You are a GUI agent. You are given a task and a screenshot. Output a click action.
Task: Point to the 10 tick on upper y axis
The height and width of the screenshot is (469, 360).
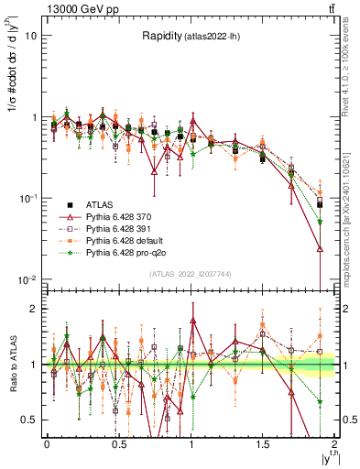click(32, 37)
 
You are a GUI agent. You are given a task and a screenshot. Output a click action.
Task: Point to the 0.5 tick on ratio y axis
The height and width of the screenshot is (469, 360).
click(31, 420)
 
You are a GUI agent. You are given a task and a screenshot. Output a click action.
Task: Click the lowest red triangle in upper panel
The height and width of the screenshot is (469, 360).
click(320, 248)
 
